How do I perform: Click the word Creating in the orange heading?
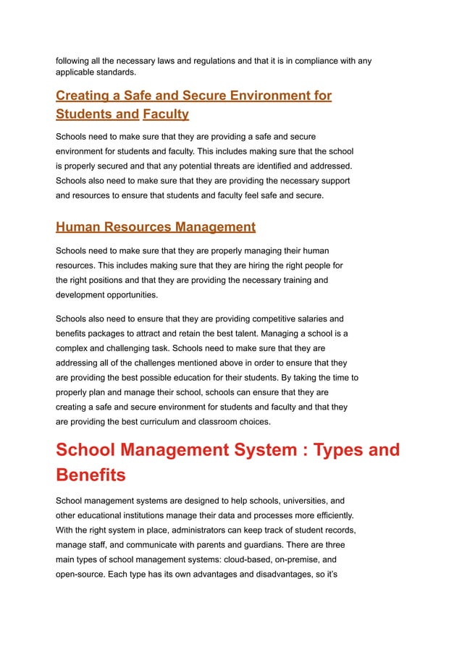(x=78, y=96)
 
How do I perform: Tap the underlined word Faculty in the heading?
(x=166, y=114)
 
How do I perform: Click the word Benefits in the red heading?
(x=91, y=475)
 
